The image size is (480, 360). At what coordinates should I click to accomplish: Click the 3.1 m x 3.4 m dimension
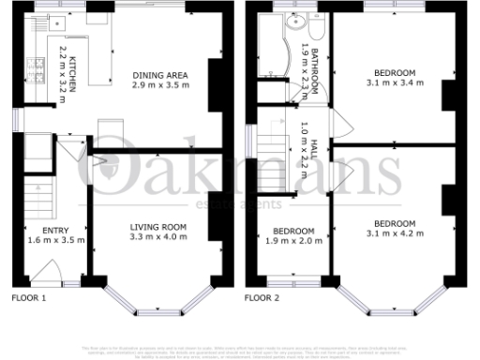point(394,82)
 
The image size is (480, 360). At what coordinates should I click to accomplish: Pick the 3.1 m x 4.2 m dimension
point(394,234)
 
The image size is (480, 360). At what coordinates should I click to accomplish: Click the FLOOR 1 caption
point(28,297)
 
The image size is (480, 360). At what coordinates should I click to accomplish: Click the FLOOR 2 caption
point(263,297)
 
